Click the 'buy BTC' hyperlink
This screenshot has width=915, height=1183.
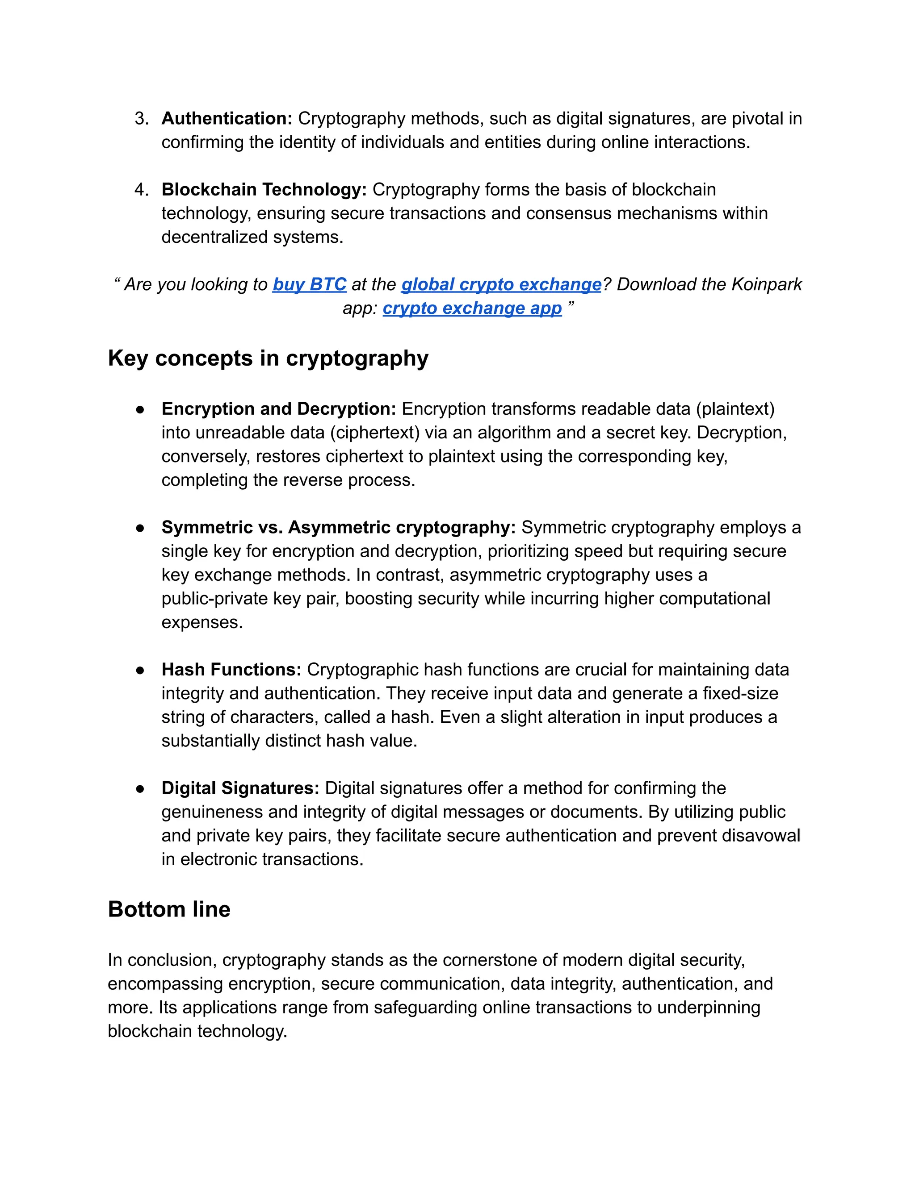coord(309,284)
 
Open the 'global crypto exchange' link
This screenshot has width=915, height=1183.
coord(501,284)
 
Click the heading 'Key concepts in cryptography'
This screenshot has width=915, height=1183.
coord(268,358)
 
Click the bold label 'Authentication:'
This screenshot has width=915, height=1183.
coord(227,119)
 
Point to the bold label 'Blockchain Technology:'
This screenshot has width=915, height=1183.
coord(264,190)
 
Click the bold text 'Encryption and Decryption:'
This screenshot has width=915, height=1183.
coord(279,409)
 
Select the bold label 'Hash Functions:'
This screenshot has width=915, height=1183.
coord(231,670)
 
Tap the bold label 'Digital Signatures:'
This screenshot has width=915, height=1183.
coord(240,788)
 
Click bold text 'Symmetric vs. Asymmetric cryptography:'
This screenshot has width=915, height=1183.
coord(338,528)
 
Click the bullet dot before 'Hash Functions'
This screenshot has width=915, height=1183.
coord(140,671)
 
